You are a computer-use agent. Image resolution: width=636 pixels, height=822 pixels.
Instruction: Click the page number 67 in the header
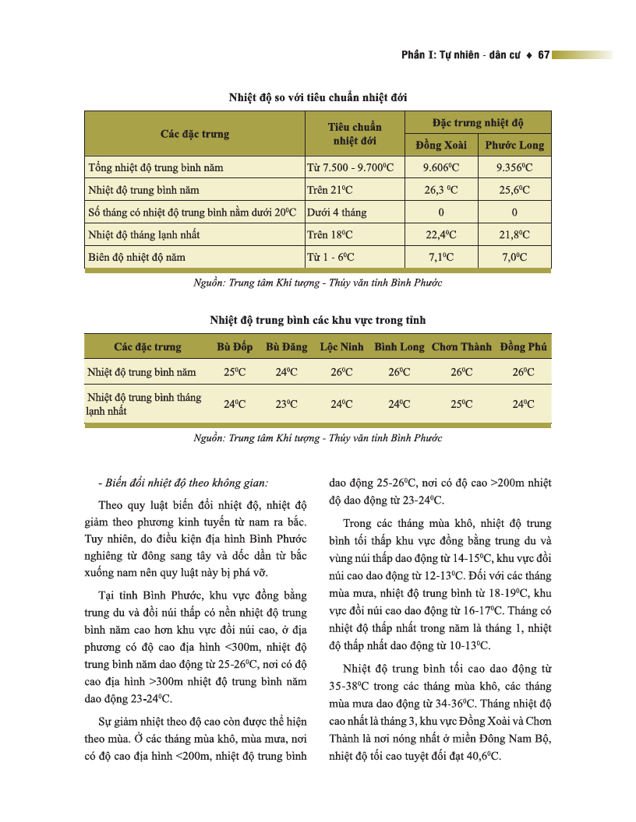pos(544,55)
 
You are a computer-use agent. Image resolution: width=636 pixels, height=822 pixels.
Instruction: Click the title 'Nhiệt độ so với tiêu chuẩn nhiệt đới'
pos(317,97)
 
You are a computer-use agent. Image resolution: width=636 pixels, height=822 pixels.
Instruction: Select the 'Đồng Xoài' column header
pos(440,146)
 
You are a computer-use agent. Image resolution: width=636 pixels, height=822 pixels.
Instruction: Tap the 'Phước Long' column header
pos(514,146)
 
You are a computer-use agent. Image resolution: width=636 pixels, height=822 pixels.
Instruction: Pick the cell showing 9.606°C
pos(440,167)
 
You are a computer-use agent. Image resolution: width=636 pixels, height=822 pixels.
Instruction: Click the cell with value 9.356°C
pos(514,167)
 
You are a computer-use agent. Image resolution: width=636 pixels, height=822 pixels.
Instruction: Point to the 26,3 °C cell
pos(440,190)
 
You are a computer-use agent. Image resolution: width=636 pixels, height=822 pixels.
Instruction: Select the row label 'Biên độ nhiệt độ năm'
pos(136,257)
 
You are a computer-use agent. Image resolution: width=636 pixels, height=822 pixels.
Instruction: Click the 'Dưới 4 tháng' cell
pos(337,212)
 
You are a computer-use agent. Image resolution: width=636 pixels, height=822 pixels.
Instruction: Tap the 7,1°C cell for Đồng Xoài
pos(440,257)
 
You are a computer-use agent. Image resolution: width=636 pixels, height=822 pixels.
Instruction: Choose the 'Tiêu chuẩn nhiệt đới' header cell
pos(355,134)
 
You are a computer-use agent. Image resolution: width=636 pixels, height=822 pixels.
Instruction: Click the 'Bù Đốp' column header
pos(235,347)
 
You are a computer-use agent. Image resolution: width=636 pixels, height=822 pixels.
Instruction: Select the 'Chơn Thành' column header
pos(461,347)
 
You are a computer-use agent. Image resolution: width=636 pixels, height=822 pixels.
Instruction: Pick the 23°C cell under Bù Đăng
pos(287,404)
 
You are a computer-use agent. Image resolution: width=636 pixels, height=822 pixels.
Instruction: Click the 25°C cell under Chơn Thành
pos(461,404)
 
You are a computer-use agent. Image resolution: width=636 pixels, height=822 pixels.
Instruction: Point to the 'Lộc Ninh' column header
pos(341,347)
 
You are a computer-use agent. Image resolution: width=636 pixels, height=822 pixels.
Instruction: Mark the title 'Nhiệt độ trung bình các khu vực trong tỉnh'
pos(317,320)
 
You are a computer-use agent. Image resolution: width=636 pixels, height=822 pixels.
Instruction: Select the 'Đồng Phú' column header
pos(523,347)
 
